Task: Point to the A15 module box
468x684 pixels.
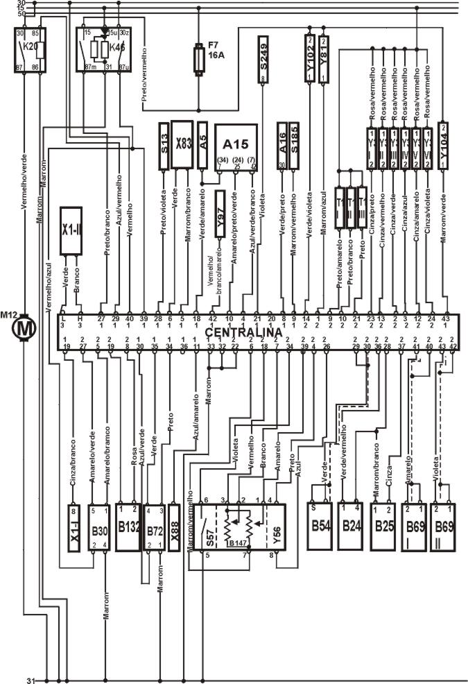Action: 236,146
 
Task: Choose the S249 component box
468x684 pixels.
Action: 263,67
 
